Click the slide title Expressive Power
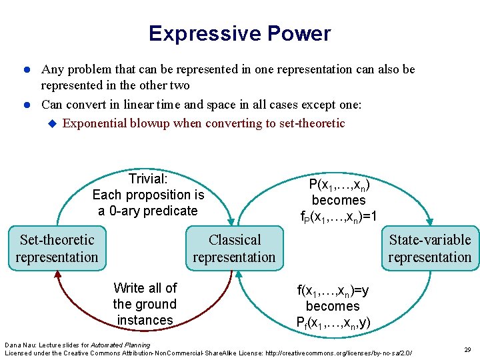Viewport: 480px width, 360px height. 239,33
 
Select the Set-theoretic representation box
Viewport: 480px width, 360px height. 57,249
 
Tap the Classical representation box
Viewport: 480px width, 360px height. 234,249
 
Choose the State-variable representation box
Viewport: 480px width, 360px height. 429,249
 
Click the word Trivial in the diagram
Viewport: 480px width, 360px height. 147,179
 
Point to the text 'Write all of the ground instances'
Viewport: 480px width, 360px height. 145,304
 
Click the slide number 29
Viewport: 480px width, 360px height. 467,349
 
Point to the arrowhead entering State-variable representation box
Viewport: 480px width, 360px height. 431,221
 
